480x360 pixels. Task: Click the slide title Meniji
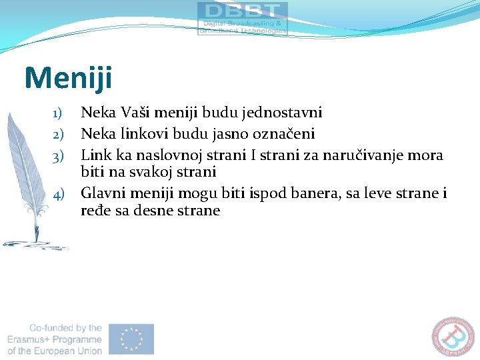[69, 78]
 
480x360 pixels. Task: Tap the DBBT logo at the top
[243, 18]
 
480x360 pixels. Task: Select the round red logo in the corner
[456, 337]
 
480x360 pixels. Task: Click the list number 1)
[58, 112]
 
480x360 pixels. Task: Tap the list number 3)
[58, 156]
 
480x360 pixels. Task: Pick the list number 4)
[58, 195]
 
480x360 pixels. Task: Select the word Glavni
[102, 194]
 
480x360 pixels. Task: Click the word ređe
[95, 211]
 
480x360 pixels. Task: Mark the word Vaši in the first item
[135, 111]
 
